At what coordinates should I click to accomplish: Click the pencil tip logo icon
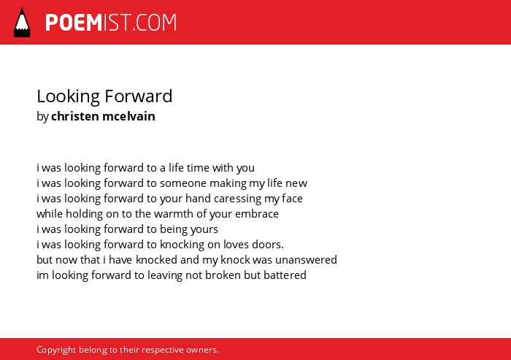22,23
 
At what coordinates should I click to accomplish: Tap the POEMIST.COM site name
111,23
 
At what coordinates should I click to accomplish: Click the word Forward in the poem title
139,96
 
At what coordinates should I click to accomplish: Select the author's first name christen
75,116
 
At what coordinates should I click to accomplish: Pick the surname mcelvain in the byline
128,116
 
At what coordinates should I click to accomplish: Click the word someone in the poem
183,183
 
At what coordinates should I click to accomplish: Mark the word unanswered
306,260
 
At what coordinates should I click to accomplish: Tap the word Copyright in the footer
56,350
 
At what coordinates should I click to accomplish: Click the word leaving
165,275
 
